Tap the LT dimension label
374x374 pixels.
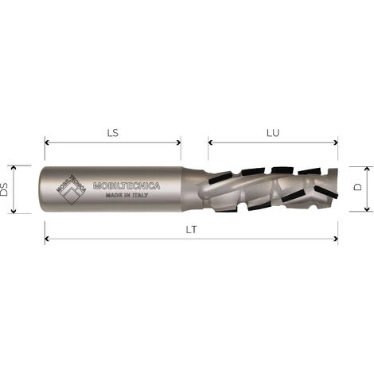click(191, 228)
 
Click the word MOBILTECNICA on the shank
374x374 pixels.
click(127, 186)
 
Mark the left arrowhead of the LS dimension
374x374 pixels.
click(48, 143)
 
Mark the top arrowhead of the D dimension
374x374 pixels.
click(368, 169)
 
